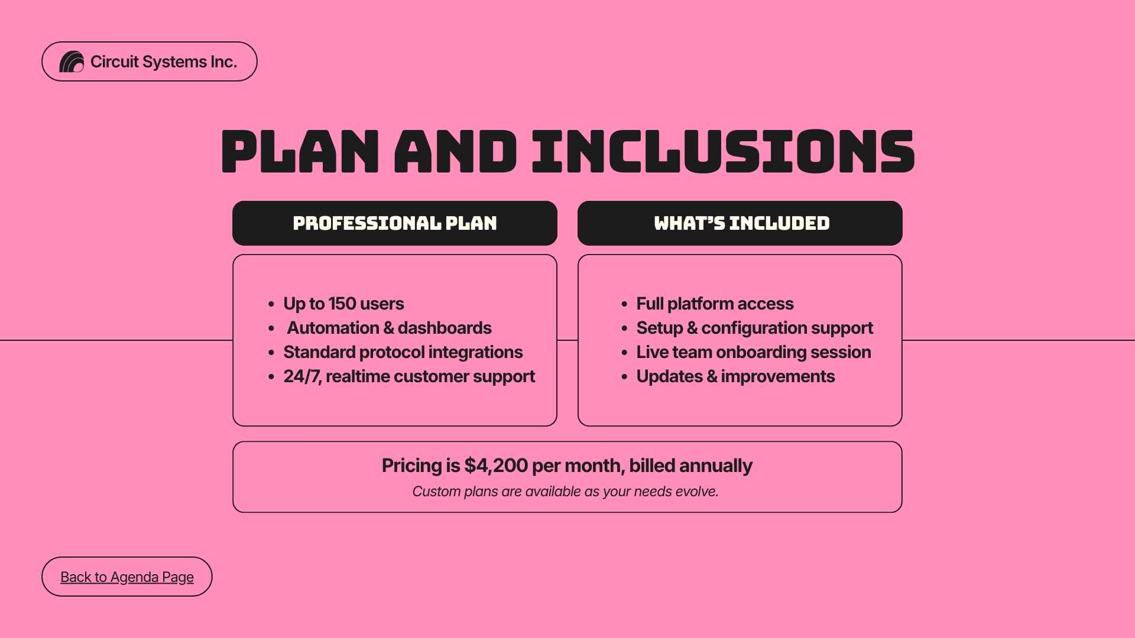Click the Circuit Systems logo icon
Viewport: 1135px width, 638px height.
click(x=72, y=61)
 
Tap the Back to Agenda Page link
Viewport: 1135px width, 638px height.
click(x=127, y=577)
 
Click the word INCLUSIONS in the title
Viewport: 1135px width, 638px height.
click(x=723, y=151)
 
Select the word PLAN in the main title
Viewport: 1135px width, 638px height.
click(x=300, y=151)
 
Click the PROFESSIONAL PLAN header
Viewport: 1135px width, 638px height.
click(x=395, y=223)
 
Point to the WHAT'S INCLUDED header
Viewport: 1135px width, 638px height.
click(x=741, y=223)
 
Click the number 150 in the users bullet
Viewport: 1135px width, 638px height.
click(x=342, y=304)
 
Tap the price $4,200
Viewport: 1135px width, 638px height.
click(x=496, y=466)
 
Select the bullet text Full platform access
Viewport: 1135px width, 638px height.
click(x=715, y=304)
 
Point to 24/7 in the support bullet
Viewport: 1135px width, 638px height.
click(x=301, y=376)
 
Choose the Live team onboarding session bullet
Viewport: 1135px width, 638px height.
click(x=754, y=352)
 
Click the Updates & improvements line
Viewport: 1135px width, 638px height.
click(x=735, y=376)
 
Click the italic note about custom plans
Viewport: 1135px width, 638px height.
click(x=566, y=491)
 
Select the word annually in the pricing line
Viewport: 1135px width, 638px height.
click(x=716, y=466)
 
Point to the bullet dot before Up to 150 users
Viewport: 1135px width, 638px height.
click(x=271, y=304)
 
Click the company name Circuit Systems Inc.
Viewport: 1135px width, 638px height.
click(x=164, y=62)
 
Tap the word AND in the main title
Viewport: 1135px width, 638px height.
click(x=456, y=151)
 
